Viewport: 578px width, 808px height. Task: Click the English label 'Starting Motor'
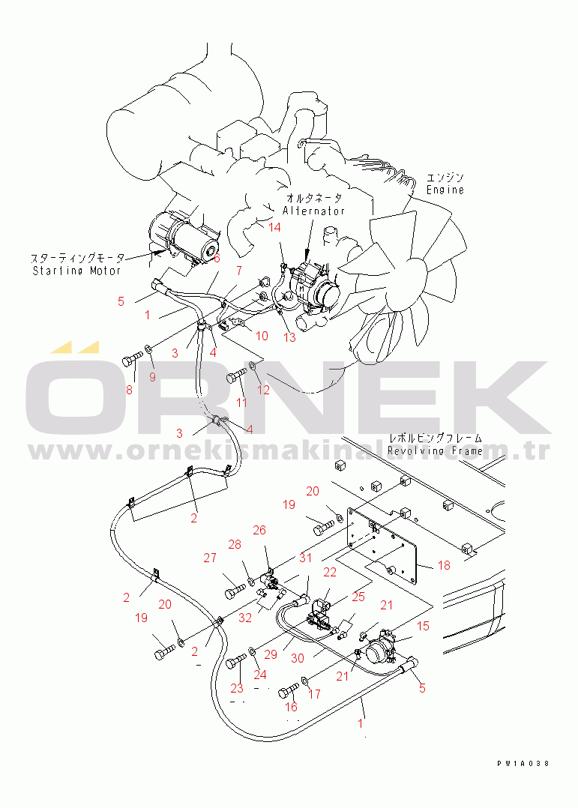click(x=77, y=271)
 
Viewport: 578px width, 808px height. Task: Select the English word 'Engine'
click(x=445, y=190)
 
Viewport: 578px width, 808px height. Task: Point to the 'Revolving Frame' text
click(x=435, y=451)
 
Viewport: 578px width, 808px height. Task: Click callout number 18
click(x=444, y=565)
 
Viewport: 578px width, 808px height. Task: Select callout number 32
click(x=245, y=619)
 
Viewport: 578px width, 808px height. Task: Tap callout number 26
click(x=259, y=530)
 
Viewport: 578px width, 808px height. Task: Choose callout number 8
click(x=128, y=390)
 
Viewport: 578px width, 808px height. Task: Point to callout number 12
click(x=263, y=390)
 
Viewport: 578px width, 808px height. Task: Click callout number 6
click(x=217, y=259)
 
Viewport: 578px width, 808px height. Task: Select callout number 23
click(x=236, y=688)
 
